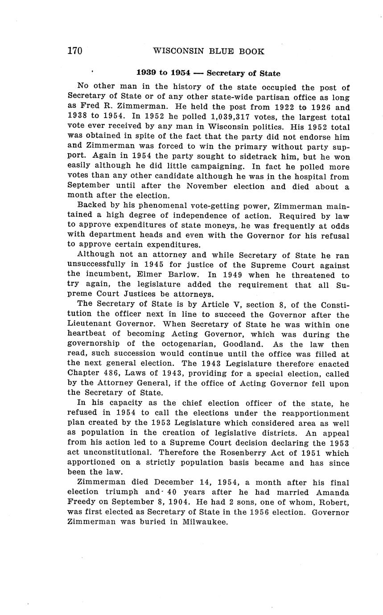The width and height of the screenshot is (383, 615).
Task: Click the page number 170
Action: click(x=75, y=51)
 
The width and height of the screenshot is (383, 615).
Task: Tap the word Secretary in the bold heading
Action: click(x=225, y=73)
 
